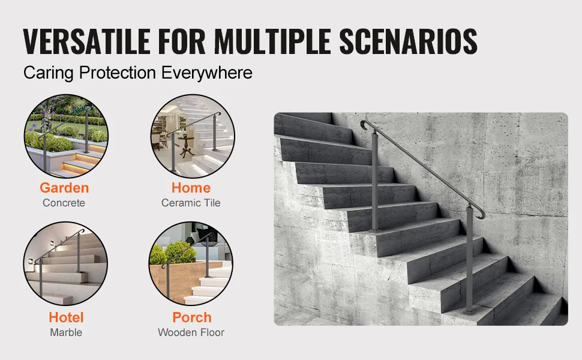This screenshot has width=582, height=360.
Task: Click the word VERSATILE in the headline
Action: click(87, 41)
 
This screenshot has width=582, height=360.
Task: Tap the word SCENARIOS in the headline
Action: click(408, 41)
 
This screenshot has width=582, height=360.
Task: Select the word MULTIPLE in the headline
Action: click(272, 41)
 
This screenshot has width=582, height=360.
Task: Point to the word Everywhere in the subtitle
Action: click(207, 73)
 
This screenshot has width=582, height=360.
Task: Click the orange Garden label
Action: click(64, 187)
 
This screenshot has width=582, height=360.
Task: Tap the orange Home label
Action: click(191, 187)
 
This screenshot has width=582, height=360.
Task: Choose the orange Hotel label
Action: click(66, 317)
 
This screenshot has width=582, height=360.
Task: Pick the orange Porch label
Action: click(192, 317)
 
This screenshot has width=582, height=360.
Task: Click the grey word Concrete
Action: click(64, 203)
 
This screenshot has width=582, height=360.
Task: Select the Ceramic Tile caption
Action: click(191, 203)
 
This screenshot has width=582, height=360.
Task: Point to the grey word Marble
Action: click(66, 332)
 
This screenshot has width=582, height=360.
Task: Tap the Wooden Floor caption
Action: click(191, 332)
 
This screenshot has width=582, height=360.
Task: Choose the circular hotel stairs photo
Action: click(65, 263)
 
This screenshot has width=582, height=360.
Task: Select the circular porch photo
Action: click(191, 263)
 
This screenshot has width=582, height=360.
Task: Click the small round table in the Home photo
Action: click(186, 145)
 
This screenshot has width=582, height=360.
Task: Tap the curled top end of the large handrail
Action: click(364, 125)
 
